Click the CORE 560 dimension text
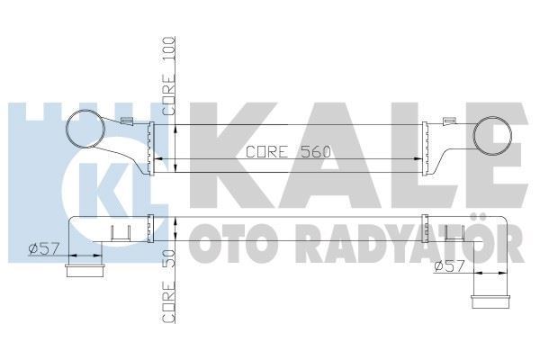[x=289, y=152]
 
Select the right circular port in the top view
[x=494, y=137]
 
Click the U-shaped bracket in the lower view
[x=121, y=234]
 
